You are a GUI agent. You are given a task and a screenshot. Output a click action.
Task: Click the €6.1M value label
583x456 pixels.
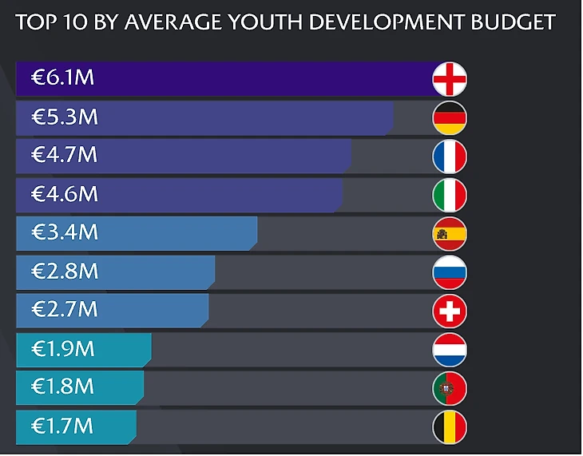pyautogui.click(x=64, y=78)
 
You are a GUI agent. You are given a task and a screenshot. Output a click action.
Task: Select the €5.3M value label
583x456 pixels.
pyautogui.click(x=64, y=117)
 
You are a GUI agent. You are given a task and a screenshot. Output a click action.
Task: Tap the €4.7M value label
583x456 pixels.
pyautogui.click(x=64, y=155)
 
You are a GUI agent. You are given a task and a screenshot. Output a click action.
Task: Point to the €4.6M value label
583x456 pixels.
pyautogui.click(x=64, y=194)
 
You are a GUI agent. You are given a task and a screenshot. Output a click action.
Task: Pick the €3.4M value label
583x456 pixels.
pyautogui.click(x=64, y=232)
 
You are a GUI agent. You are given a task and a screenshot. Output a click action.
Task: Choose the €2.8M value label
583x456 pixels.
pyautogui.click(x=64, y=271)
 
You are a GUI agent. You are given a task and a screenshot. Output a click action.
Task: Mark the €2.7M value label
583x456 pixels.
pyautogui.click(x=64, y=309)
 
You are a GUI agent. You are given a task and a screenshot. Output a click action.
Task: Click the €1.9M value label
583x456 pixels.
pyautogui.click(x=63, y=348)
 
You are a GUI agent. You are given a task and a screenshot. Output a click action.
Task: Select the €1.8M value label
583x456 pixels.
pyautogui.click(x=63, y=387)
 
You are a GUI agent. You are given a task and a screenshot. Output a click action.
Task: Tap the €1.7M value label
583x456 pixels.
pyautogui.click(x=63, y=426)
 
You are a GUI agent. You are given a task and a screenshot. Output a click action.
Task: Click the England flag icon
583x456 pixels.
pyautogui.click(x=450, y=79)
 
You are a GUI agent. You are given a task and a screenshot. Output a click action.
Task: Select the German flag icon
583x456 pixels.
pyautogui.click(x=450, y=118)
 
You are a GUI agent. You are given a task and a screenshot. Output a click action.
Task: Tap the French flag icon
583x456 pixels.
pyautogui.click(x=450, y=157)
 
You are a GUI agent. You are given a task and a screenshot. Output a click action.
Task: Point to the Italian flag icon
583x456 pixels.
pyautogui.click(x=450, y=195)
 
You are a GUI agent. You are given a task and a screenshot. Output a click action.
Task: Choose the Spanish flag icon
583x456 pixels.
pyautogui.click(x=450, y=234)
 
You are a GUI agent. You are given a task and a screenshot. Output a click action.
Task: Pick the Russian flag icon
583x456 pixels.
pyautogui.click(x=450, y=272)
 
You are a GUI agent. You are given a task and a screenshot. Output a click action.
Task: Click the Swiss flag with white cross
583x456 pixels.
pyautogui.click(x=450, y=311)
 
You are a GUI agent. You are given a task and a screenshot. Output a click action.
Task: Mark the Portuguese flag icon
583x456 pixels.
pyautogui.click(x=450, y=388)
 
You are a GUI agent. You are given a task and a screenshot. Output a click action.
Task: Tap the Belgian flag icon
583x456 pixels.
pyautogui.click(x=450, y=427)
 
